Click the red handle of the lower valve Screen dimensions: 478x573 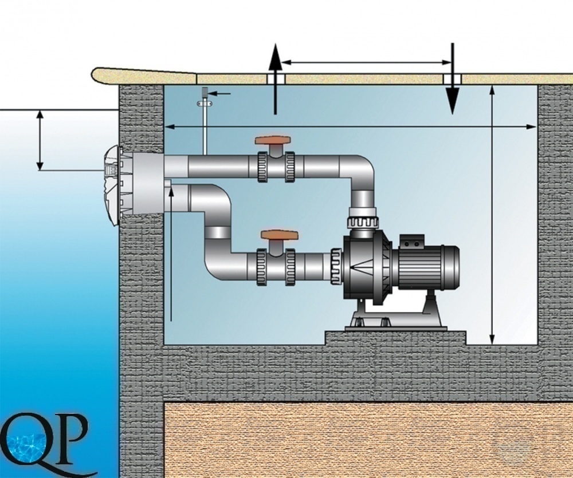coord(279,235)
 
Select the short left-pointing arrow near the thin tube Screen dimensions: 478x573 coord(220,93)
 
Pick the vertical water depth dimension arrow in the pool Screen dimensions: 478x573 coord(40,140)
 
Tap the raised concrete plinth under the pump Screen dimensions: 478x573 coord(395,338)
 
